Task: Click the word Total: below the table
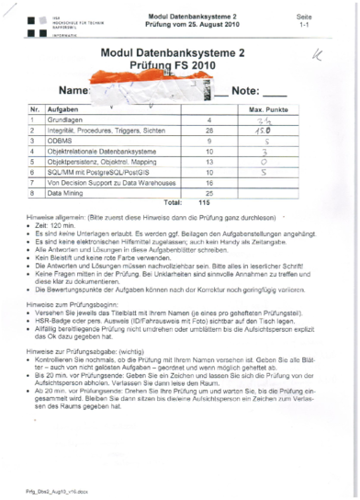[x=172, y=203]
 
